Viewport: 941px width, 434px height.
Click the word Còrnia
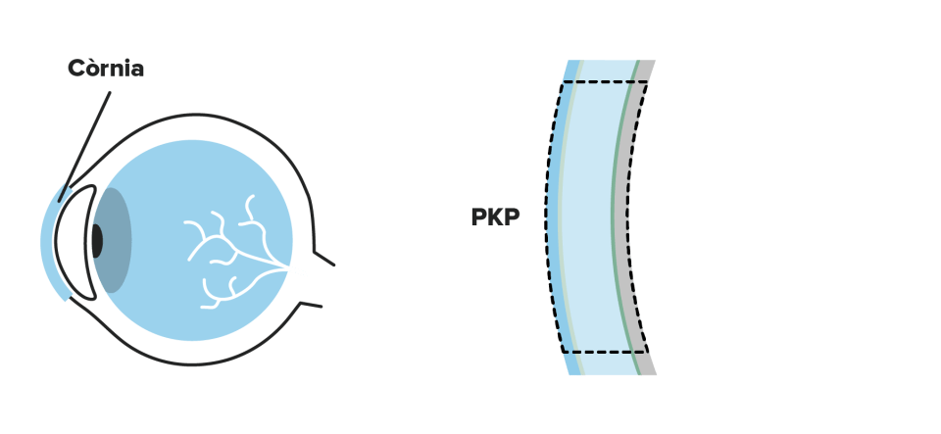[106, 69]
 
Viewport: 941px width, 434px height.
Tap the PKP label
[495, 217]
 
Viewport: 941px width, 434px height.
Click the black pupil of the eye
[96, 241]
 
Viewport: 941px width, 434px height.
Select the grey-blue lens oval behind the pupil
[116, 240]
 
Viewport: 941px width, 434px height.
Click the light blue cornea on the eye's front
[49, 240]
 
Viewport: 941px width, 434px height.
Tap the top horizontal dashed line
[603, 82]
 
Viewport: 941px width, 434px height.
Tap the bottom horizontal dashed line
[603, 351]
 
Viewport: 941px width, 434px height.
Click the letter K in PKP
[495, 217]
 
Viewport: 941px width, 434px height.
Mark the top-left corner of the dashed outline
[562, 82]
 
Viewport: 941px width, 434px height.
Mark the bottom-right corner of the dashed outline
[648, 351]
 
